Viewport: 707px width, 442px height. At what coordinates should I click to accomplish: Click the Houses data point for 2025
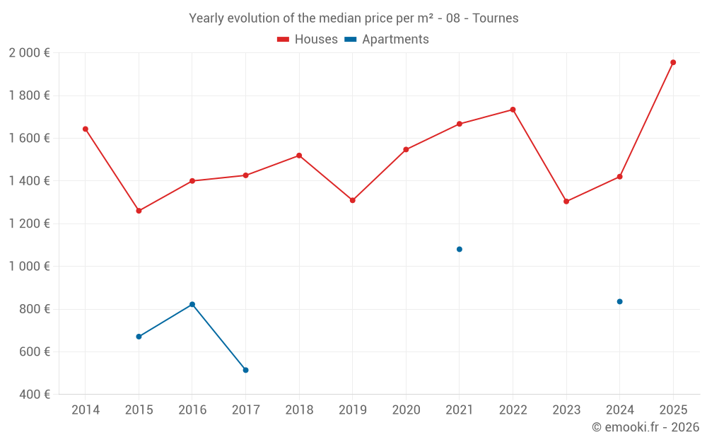point(673,62)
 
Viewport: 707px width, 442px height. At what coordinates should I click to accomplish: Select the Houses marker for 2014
point(86,129)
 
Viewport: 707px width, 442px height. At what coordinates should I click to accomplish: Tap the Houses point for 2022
point(513,110)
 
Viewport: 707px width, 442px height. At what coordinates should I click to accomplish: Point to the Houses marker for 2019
point(353,200)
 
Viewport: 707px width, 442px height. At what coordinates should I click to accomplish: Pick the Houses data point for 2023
point(566,202)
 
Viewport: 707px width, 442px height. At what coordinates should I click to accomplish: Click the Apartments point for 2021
point(460,249)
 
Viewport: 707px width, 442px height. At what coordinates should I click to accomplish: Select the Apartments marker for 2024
point(619,301)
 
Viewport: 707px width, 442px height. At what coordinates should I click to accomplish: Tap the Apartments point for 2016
point(192,304)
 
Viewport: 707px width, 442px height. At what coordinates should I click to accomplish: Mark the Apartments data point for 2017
point(245,370)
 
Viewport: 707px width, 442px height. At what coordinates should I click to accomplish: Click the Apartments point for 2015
point(139,337)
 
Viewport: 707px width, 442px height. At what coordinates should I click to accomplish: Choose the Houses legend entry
point(308,40)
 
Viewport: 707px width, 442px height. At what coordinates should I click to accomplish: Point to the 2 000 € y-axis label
point(29,53)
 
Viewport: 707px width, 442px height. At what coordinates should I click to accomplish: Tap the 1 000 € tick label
point(29,267)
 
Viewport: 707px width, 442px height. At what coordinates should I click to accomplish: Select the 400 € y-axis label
point(33,395)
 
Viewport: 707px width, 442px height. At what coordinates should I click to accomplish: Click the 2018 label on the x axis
point(299,410)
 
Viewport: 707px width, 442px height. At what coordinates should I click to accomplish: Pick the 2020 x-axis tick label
point(406,410)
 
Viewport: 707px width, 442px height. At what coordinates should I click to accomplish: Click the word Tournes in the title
point(495,18)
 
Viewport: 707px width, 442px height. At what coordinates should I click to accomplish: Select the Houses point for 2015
point(139,211)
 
